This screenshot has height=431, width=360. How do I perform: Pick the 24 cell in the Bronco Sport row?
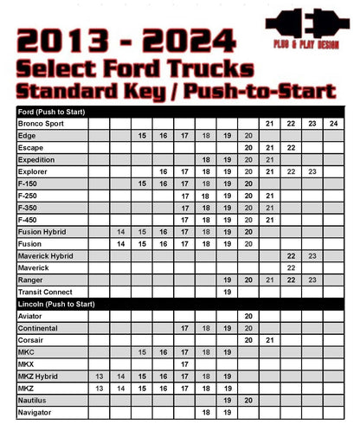pyautogui.click(x=334, y=124)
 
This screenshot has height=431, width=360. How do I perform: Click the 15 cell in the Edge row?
pyautogui.click(x=141, y=136)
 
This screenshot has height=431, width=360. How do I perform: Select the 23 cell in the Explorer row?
pyautogui.click(x=312, y=172)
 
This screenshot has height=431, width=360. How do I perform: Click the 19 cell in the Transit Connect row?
pyautogui.click(x=227, y=293)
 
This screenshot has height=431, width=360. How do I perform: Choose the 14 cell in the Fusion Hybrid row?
pyautogui.click(x=120, y=233)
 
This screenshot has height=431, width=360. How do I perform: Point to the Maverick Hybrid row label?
pyautogui.click(x=47, y=256)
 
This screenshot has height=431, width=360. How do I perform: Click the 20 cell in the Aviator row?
pyautogui.click(x=248, y=317)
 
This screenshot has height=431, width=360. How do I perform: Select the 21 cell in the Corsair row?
pyautogui.click(x=269, y=341)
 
